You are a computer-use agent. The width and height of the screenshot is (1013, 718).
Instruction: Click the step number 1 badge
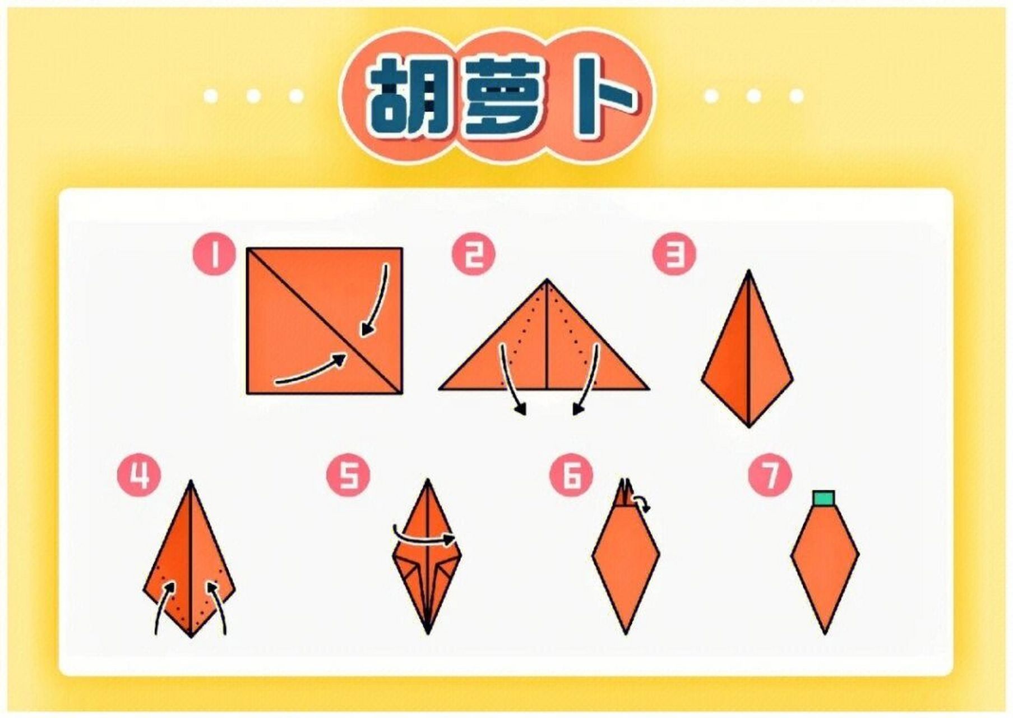pyautogui.click(x=215, y=255)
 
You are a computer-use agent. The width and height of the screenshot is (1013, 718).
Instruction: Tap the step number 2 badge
pyautogui.click(x=474, y=255)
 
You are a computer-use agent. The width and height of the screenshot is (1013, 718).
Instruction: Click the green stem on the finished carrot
pyautogui.click(x=824, y=498)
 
